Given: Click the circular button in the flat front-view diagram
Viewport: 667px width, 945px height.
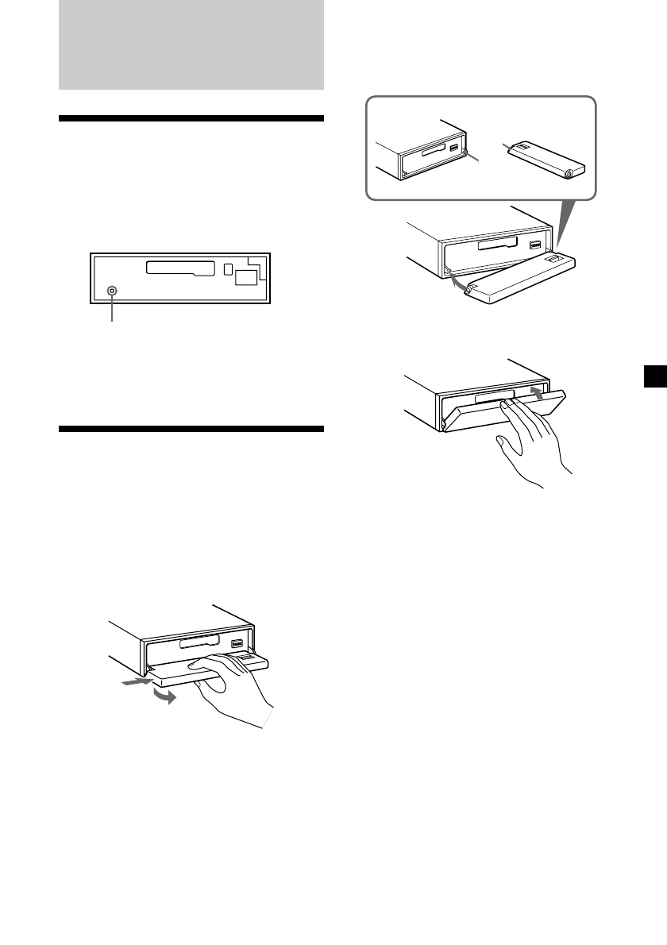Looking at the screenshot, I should click(112, 291).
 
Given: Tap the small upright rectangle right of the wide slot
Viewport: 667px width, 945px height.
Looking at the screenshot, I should click(228, 270).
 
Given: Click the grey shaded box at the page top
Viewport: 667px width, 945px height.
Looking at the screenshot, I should click(191, 44).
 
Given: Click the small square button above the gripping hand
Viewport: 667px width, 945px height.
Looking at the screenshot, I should click(237, 645).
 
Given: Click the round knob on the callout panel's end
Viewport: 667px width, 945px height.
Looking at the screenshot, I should click(569, 172).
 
